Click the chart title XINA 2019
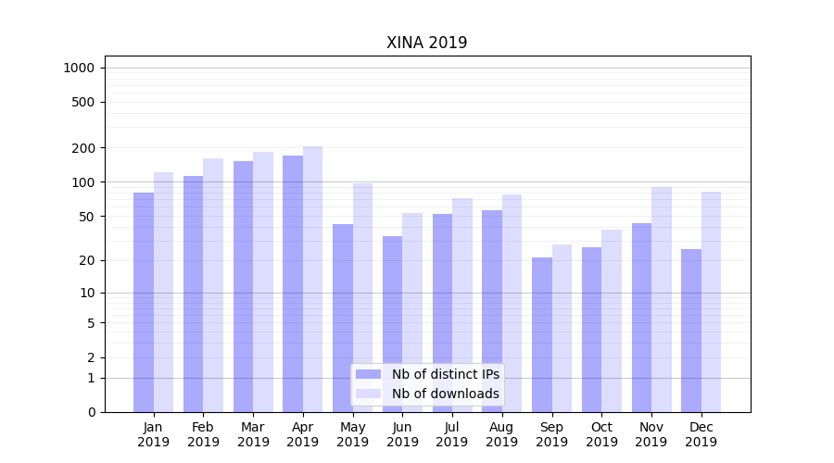pos(426,44)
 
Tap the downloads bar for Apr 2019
pos(312,279)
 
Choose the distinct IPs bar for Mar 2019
pos(243,286)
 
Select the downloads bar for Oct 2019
pos(612,320)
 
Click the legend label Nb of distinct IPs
pos(445,374)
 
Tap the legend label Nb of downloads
pos(445,394)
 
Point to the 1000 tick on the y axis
pos(79,68)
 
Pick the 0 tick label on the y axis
pos(91,412)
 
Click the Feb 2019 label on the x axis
pos(203,434)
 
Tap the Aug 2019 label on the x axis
pos(501,434)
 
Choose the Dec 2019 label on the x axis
pos(701,434)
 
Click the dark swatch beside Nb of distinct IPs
pos(369,374)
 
